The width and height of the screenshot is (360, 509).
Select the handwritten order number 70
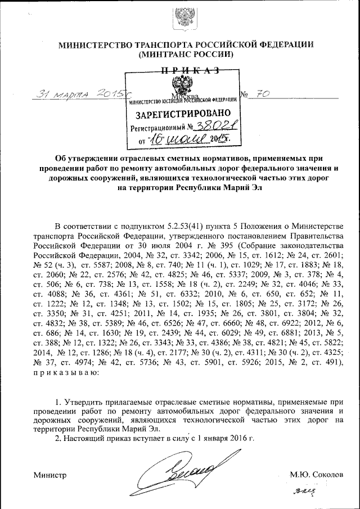point(261,93)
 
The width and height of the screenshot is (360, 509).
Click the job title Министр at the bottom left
point(49,475)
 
